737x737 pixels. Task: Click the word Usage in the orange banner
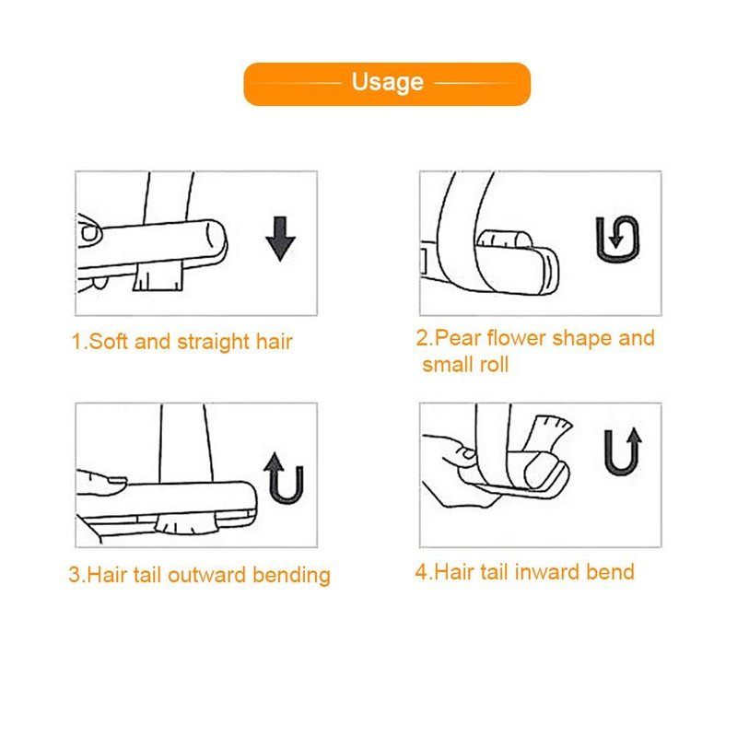[388, 82]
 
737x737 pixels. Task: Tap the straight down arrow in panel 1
[281, 239]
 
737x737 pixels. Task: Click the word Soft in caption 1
[108, 341]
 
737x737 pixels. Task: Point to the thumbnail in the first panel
[89, 233]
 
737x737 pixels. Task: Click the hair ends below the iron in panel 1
[158, 276]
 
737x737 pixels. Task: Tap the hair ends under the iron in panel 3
[186, 523]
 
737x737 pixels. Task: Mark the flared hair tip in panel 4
[549, 430]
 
